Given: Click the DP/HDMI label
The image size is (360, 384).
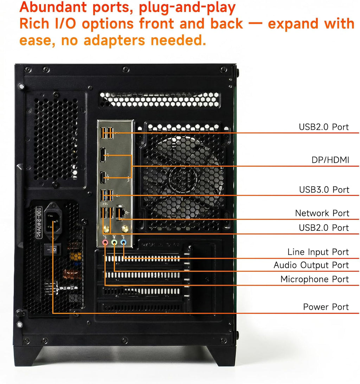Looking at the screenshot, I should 330,160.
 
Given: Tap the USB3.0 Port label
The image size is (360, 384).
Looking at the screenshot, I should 324,190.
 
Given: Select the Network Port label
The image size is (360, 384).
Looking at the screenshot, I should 322,213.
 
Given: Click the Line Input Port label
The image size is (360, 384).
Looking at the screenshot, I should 318,252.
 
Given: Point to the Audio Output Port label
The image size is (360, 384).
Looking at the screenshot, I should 311,265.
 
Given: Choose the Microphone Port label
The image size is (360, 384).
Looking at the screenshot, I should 314,279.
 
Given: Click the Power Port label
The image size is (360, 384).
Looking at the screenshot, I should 326,307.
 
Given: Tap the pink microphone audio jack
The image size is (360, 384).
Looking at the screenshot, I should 105,242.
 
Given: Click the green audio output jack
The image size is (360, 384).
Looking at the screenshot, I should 114,242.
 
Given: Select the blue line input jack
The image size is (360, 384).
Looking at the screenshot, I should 123,242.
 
